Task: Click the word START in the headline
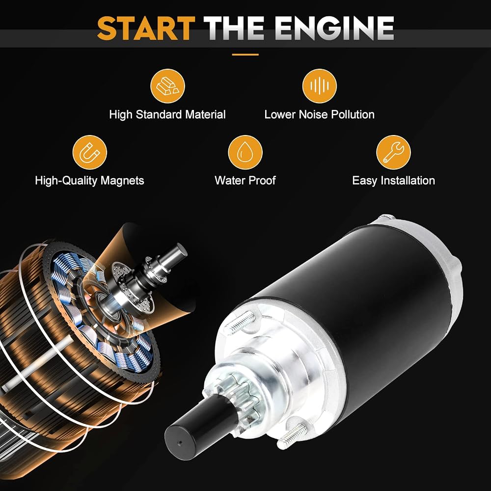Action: point(146,28)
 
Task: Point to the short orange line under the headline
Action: point(245,55)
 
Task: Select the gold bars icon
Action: point(167,86)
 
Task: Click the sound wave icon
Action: point(320,86)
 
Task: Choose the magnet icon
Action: point(90,152)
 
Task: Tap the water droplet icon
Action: point(245,152)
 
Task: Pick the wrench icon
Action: point(393,152)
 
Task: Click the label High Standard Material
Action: point(167,114)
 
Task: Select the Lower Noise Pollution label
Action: point(320,114)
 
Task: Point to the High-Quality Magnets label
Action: point(89,181)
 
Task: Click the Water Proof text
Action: point(245,180)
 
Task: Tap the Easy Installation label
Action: point(394,181)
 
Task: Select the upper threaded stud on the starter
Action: point(240,323)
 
